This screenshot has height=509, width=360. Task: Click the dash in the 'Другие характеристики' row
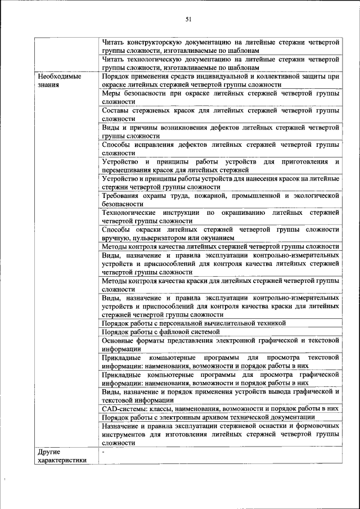[104, 452]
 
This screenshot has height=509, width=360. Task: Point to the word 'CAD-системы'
[123, 408]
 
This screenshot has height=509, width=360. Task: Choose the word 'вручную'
[116, 238]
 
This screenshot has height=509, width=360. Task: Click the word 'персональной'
[195, 323]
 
